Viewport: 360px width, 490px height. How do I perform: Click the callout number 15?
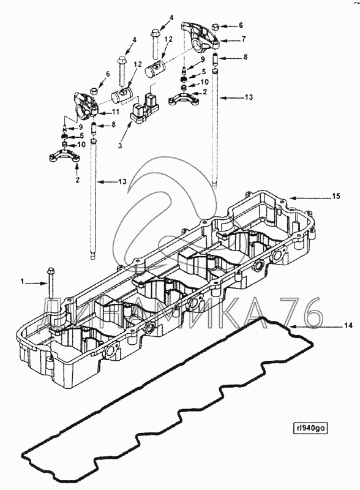336,196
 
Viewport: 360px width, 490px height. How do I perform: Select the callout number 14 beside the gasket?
348,326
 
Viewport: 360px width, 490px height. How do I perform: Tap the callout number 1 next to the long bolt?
22,282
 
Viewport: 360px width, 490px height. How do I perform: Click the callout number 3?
120,145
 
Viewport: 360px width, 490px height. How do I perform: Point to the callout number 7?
244,39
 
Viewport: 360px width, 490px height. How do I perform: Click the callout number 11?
116,111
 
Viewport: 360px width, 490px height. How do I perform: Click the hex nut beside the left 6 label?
94,91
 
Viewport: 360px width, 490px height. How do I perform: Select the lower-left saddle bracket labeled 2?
65,156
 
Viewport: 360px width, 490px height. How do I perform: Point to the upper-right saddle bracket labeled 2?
184,98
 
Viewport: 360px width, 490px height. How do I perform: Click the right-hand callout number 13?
249,97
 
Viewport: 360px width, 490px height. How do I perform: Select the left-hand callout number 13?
122,181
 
